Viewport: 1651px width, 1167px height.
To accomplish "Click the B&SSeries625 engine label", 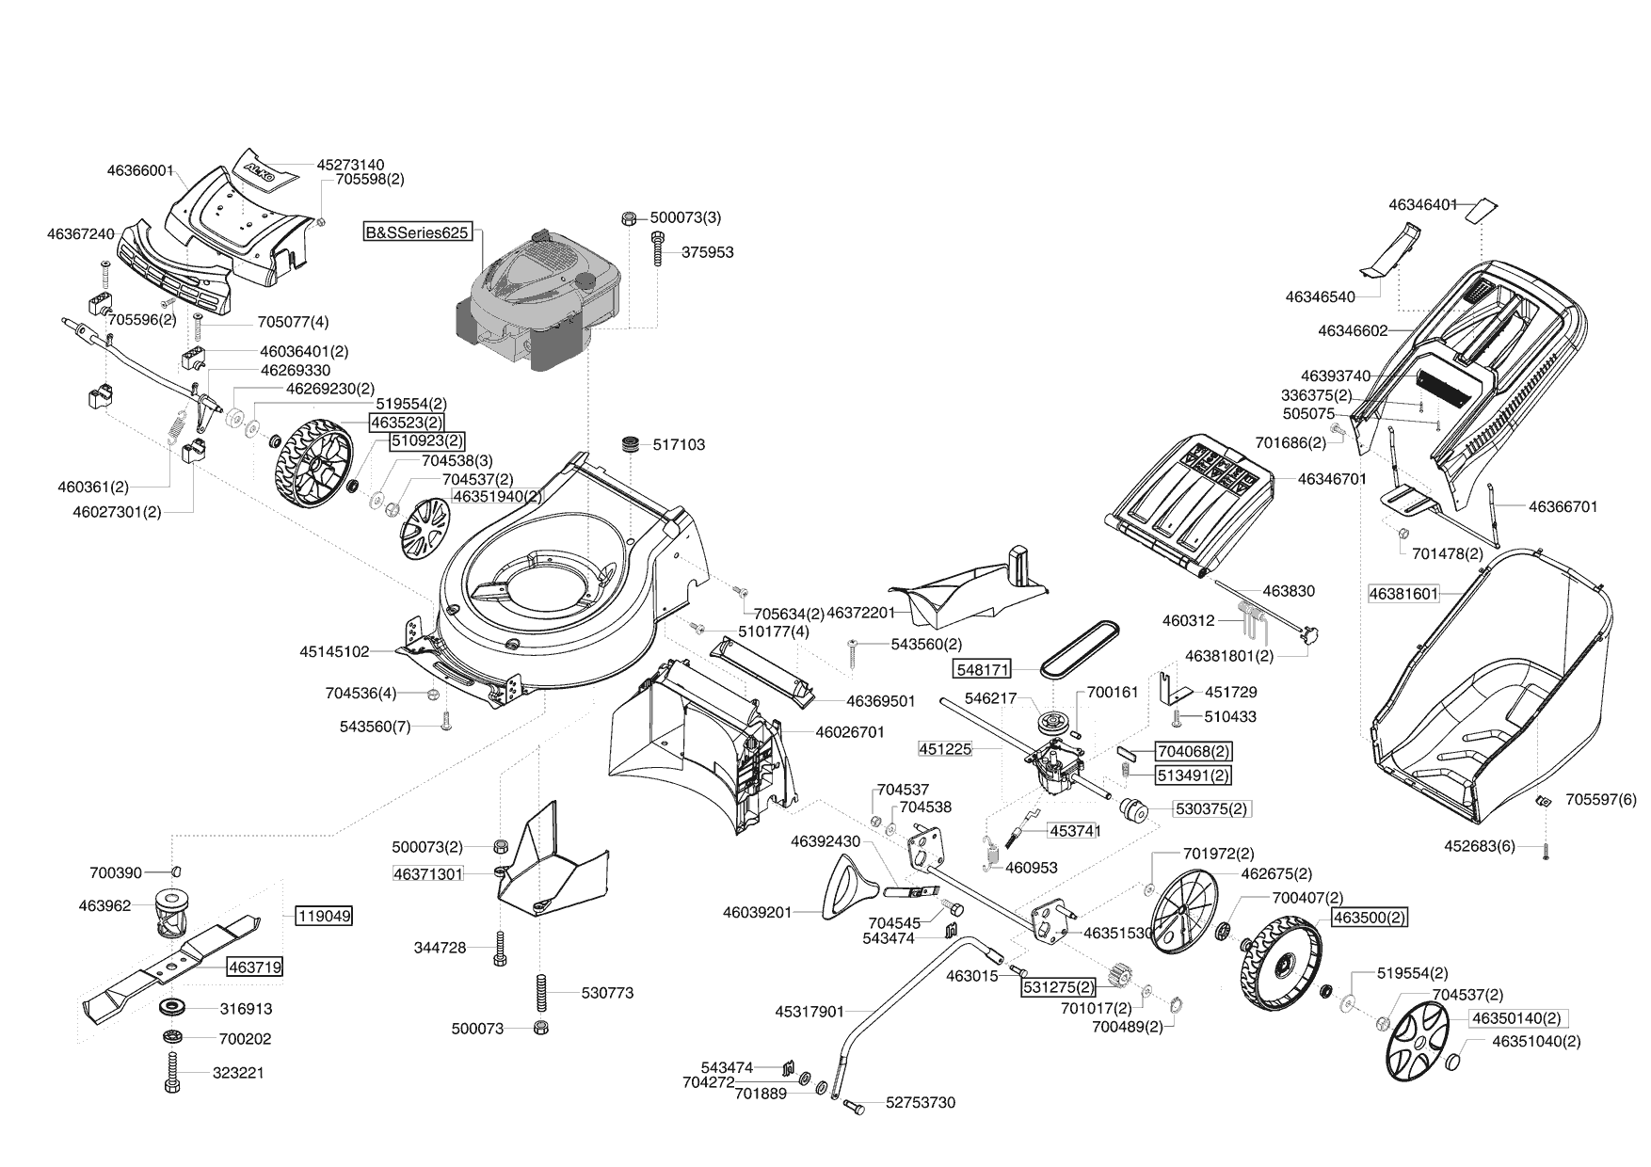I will [418, 232].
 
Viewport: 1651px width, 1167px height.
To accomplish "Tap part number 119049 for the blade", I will [324, 915].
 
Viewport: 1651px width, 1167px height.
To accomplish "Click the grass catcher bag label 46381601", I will [1403, 594].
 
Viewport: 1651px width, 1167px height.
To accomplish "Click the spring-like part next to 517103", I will [630, 444].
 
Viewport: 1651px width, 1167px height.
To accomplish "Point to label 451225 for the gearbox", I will [945, 749].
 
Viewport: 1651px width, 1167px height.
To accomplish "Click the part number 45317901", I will [809, 1012].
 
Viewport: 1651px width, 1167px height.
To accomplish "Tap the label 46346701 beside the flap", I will [1331, 479].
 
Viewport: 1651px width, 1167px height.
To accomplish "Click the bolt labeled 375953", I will [657, 251].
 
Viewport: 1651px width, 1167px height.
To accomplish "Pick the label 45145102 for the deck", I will [335, 650].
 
